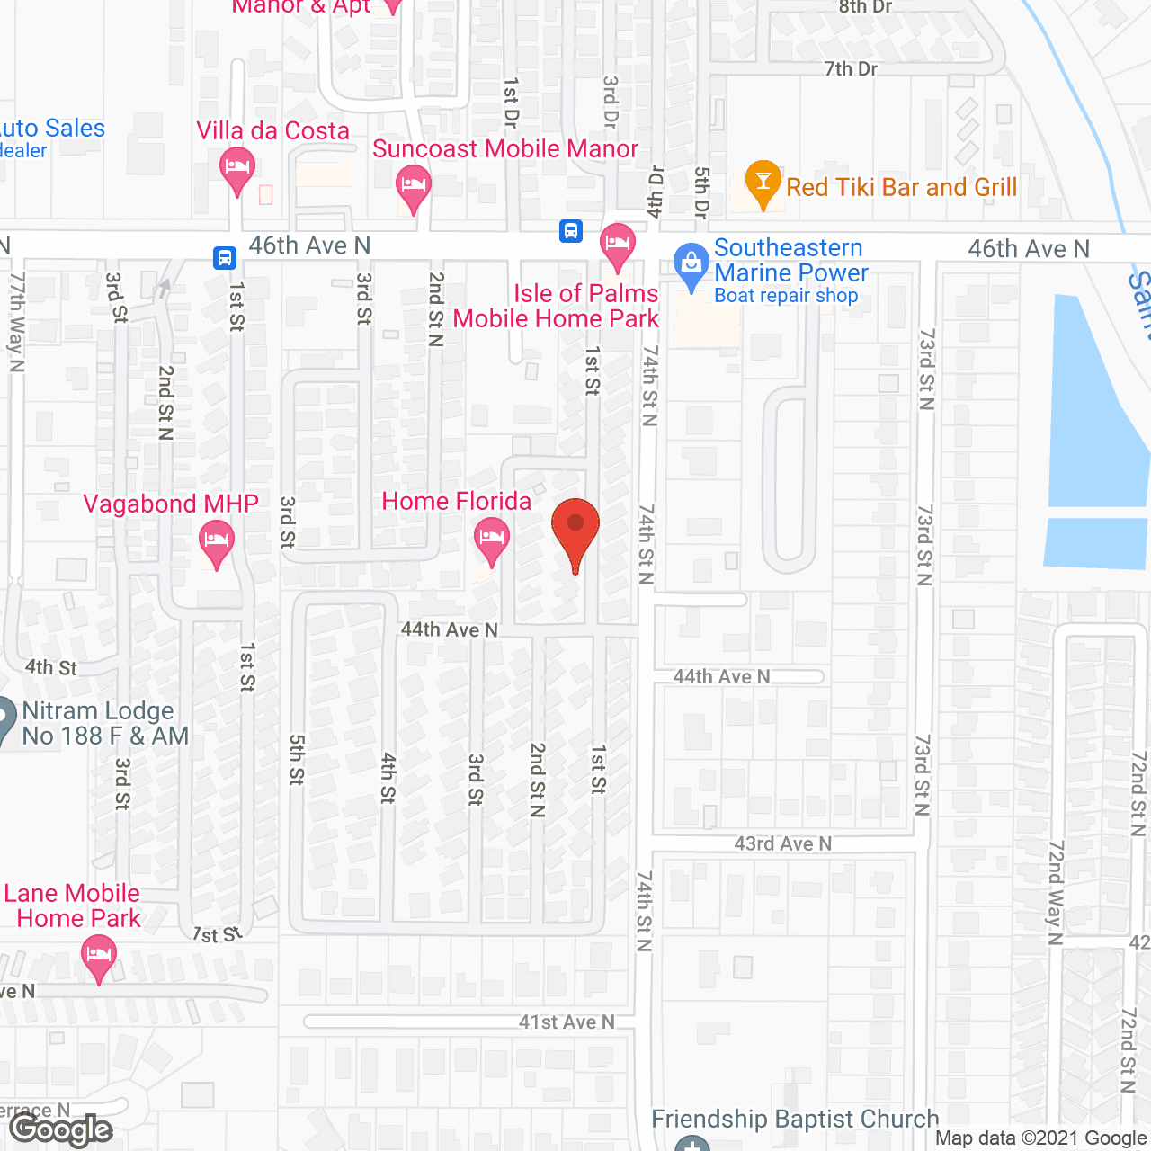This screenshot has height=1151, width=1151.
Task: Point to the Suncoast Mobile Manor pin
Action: pyautogui.click(x=414, y=187)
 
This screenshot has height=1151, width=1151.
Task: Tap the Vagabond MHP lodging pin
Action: pyautogui.click(x=216, y=542)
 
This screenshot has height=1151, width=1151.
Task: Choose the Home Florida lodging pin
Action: pyautogui.click(x=491, y=540)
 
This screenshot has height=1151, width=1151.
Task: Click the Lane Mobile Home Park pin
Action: pyautogui.click(x=99, y=956)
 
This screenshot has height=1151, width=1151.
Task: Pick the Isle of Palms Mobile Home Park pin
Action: pyautogui.click(x=618, y=245)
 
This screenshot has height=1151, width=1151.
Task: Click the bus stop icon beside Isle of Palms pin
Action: pyautogui.click(x=571, y=231)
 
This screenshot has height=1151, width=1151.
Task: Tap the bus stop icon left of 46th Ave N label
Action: pyautogui.click(x=225, y=258)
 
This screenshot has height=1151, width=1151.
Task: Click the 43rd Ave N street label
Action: pyautogui.click(x=782, y=843)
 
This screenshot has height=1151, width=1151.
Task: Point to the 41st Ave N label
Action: pyautogui.click(x=567, y=1022)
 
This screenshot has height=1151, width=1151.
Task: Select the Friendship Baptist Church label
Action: pyautogui.click(x=795, y=1119)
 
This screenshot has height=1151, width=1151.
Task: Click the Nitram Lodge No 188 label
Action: pyautogui.click(x=105, y=723)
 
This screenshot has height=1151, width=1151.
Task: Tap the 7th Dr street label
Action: pyautogui.click(x=851, y=68)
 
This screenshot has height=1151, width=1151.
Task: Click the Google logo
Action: pyautogui.click(x=61, y=1129)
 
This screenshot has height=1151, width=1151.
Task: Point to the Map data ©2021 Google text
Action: pyautogui.click(x=1040, y=1138)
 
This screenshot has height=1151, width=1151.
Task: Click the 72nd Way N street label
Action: pyautogui.click(x=1056, y=892)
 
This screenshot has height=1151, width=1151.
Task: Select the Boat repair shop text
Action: pyautogui.click(x=786, y=296)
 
